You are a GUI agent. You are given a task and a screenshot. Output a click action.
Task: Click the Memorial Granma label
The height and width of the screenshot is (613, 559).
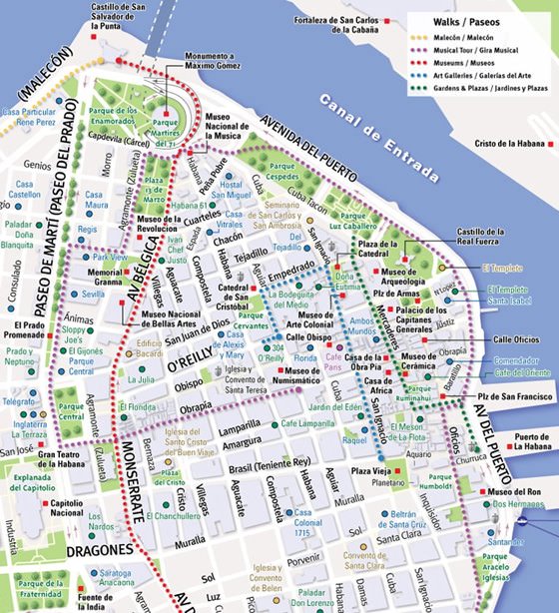[105, 276]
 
